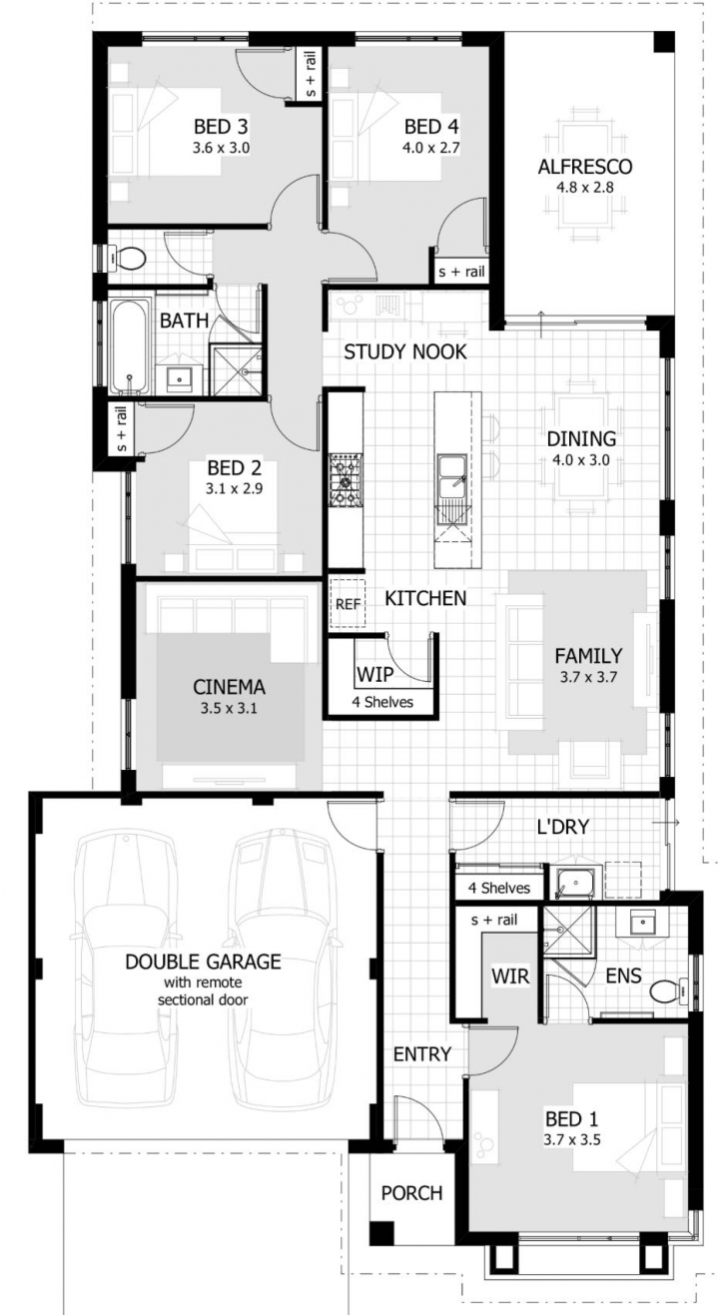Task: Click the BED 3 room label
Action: click(221, 126)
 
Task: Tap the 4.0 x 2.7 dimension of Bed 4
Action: click(430, 148)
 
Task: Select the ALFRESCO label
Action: click(585, 167)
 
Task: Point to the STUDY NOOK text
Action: click(405, 351)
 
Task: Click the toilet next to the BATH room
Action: click(122, 258)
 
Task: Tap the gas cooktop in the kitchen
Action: click(346, 479)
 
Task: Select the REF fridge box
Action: click(348, 603)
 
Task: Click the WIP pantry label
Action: click(375, 675)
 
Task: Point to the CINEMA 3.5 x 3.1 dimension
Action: click(229, 708)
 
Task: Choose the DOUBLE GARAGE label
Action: click(203, 962)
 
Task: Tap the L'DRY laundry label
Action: click(563, 827)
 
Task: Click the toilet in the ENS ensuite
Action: click(669, 990)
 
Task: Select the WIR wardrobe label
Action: click(510, 977)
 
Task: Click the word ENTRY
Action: click(422, 1053)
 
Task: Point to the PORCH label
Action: click(411, 1193)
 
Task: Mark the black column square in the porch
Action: click(382, 1232)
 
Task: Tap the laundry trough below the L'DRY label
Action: click(574, 883)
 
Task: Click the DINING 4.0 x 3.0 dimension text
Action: click(581, 459)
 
